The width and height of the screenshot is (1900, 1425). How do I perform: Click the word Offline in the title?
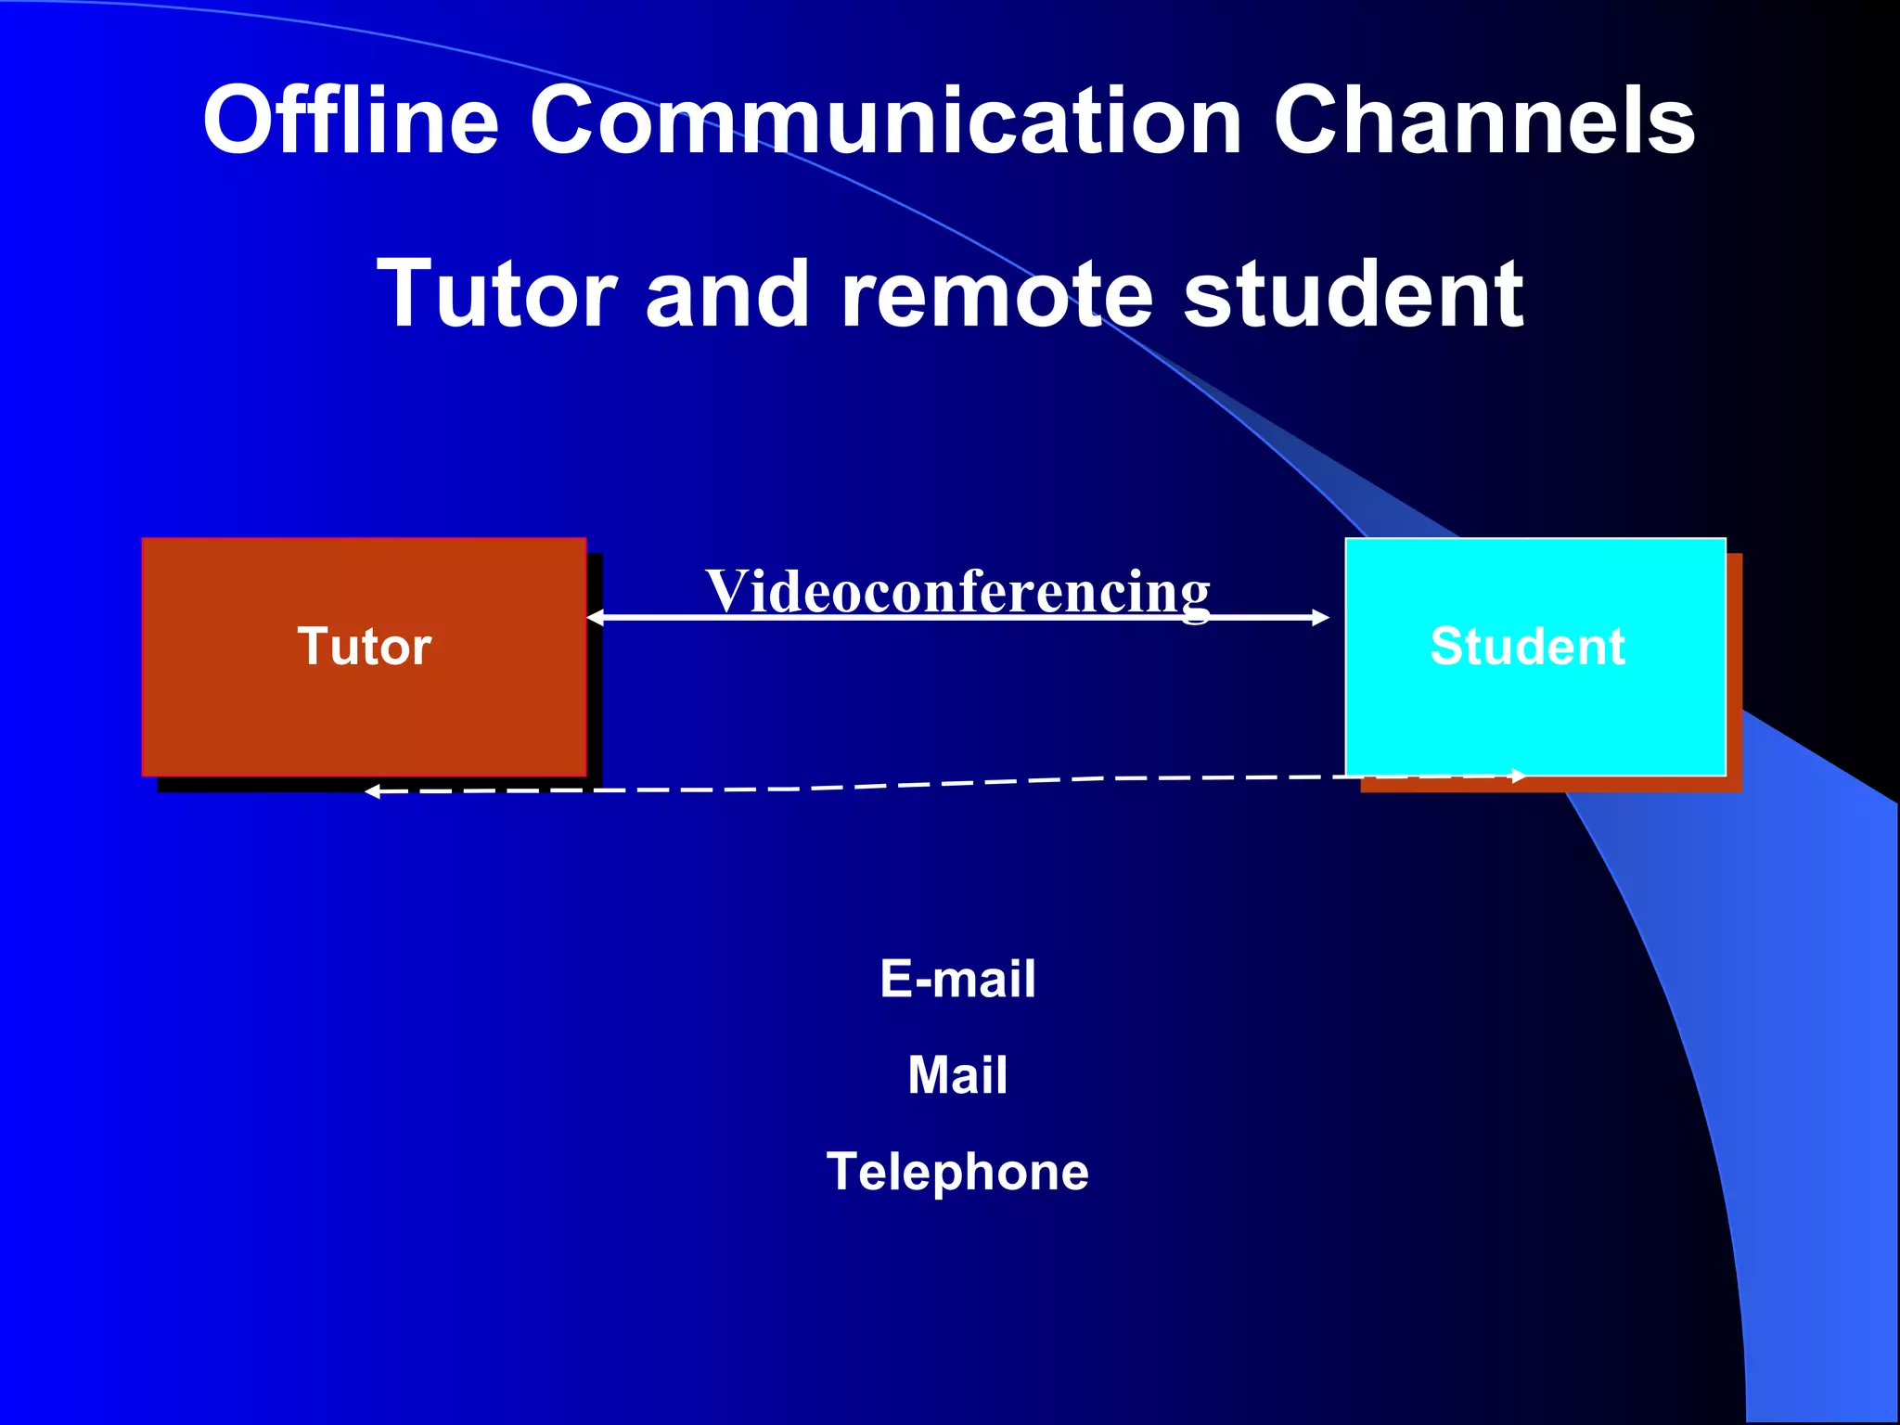(351, 121)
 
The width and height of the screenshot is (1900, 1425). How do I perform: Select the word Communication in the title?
(885, 121)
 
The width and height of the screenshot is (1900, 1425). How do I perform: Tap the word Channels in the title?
(1483, 121)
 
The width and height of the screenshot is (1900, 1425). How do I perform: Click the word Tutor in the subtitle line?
(497, 294)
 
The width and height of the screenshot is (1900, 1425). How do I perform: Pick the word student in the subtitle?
(1354, 294)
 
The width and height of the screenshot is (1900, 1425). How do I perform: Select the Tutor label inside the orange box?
(364, 647)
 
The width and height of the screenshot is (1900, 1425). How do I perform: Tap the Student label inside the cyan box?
(1527, 647)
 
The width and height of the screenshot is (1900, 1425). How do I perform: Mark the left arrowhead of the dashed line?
(372, 791)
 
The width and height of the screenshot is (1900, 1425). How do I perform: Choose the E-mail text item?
(957, 979)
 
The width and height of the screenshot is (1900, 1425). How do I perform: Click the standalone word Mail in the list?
(957, 1075)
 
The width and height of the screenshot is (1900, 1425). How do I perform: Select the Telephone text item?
(957, 1172)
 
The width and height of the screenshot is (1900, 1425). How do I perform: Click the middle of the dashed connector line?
(946, 784)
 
